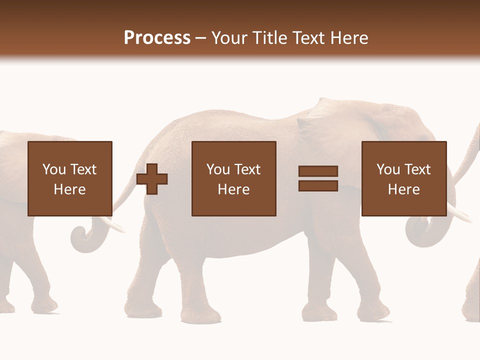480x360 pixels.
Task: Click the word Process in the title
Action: [x=157, y=37]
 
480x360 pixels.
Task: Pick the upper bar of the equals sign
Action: [x=318, y=171]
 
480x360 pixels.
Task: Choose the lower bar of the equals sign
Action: [x=318, y=185]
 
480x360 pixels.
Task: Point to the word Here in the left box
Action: [x=69, y=189]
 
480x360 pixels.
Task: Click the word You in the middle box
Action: [x=218, y=169]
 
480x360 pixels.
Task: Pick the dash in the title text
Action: [x=200, y=38]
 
